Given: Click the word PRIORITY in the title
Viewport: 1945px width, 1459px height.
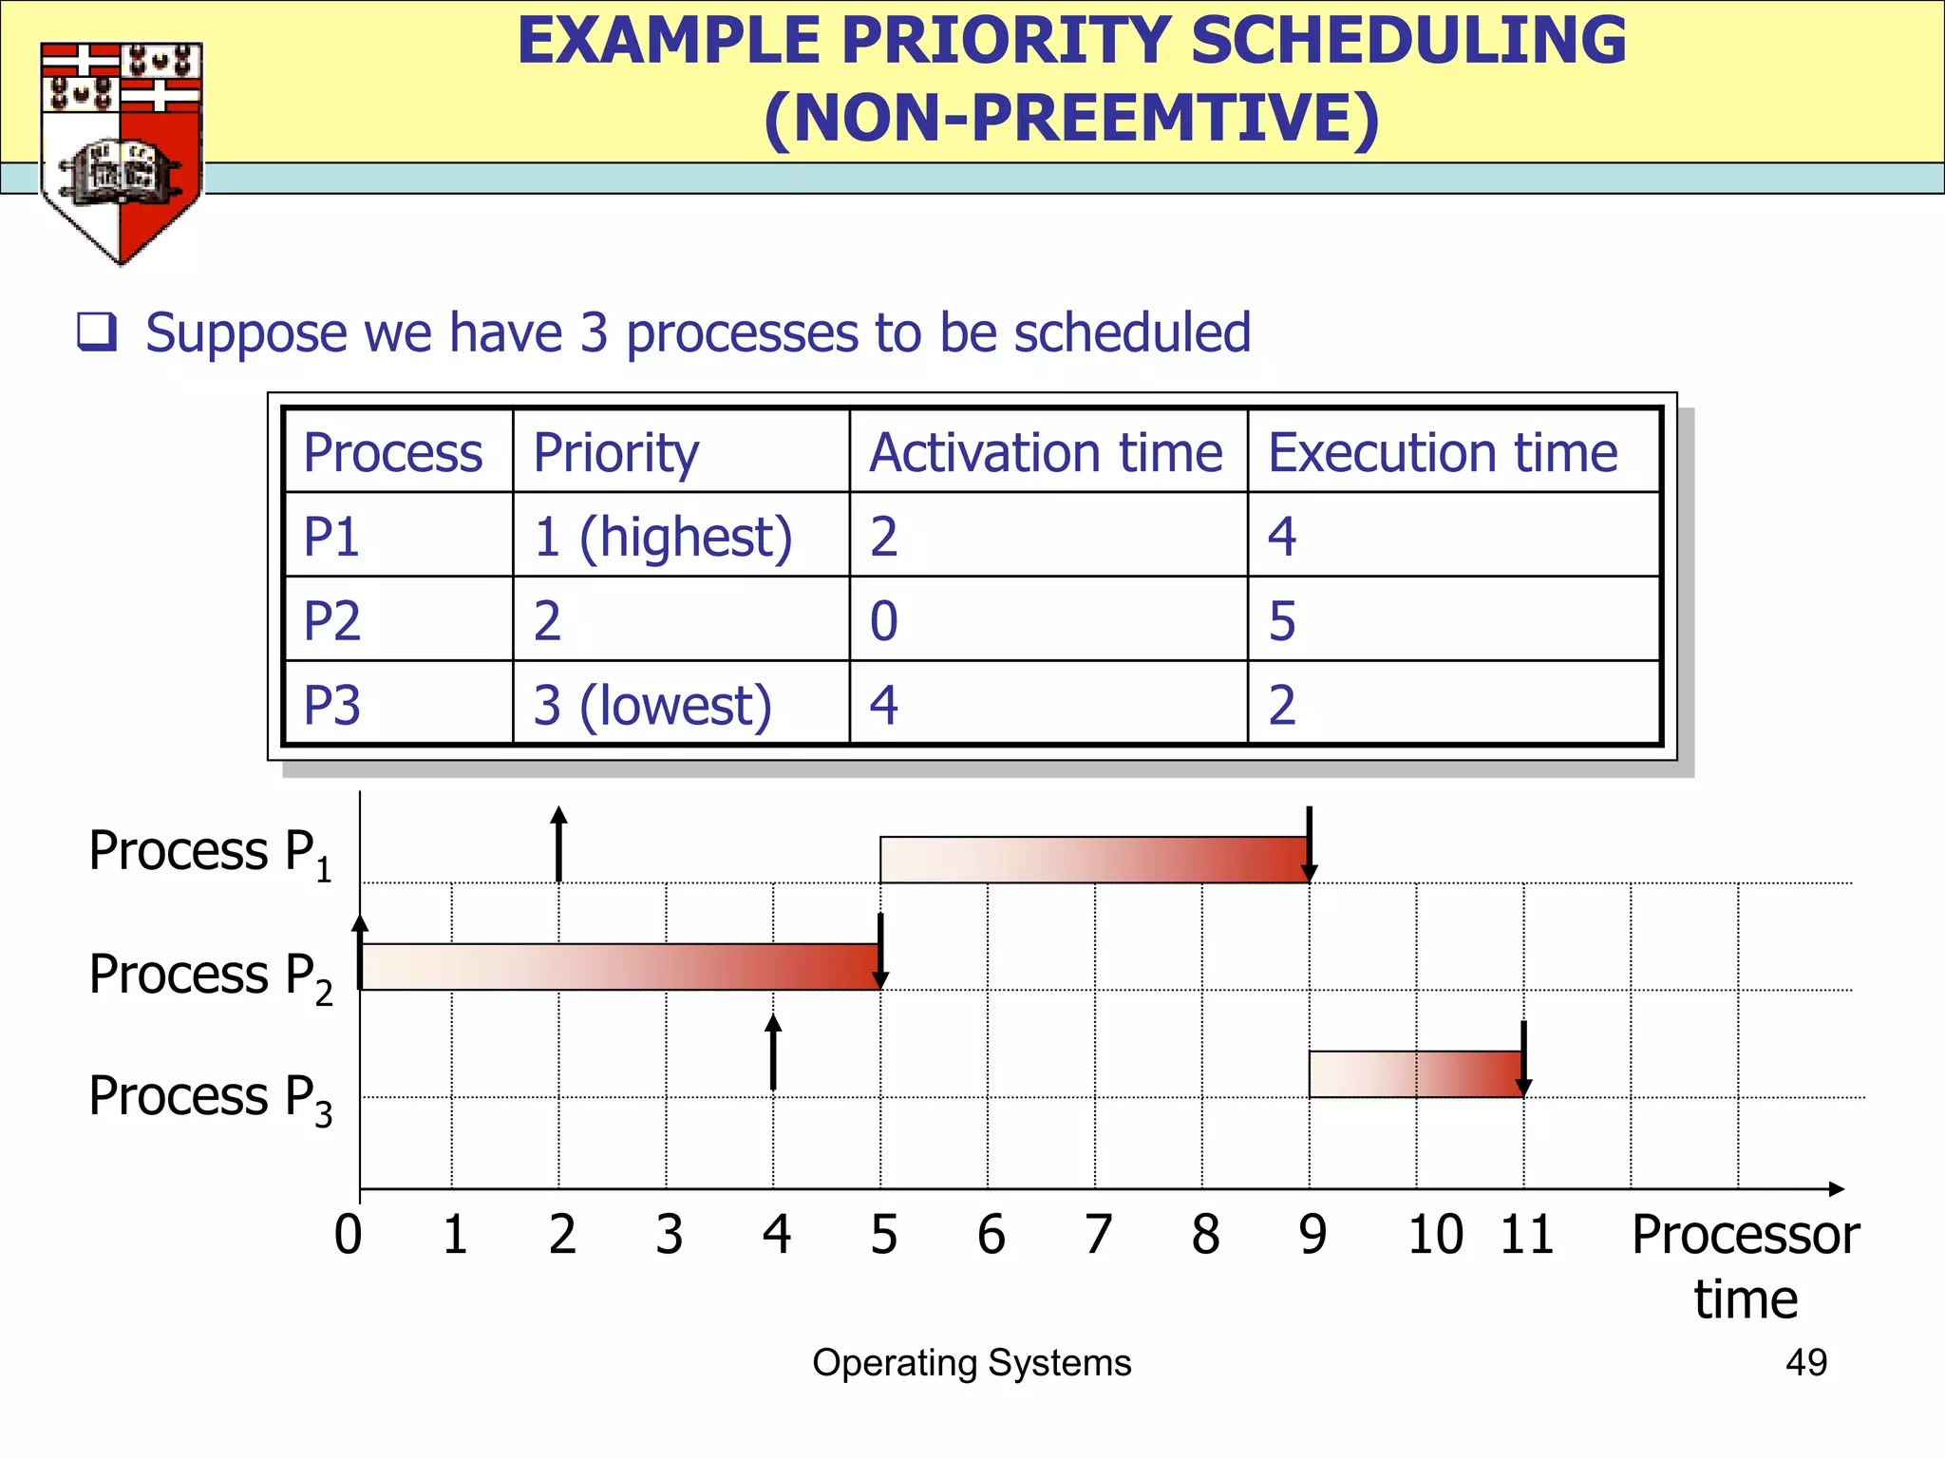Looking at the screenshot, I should (1006, 42).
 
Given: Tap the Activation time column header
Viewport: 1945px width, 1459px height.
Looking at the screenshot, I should (1046, 452).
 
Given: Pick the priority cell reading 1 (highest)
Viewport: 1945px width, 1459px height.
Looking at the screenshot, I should (662, 537).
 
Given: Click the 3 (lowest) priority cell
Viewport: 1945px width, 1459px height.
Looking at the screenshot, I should (652, 706).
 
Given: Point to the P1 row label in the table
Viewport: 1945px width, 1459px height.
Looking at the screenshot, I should (331, 537).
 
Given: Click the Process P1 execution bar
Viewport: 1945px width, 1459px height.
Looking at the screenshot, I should (1094, 860).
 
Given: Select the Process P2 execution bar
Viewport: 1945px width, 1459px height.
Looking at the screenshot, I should (619, 967).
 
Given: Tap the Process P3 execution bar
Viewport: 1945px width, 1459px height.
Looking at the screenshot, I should (1416, 1074).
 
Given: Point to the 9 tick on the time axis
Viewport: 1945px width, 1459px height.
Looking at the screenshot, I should (1312, 1235).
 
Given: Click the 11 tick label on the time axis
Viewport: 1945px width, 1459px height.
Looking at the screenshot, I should (1526, 1235).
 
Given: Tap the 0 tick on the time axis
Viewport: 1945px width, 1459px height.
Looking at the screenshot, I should (349, 1235).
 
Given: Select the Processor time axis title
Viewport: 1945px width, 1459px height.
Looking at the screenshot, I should (1746, 1266).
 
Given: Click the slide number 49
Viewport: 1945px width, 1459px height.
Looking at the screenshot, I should (1805, 1362).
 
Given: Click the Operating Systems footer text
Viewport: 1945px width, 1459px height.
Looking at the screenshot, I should (972, 1362).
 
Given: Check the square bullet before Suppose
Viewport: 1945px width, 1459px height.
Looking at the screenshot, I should (97, 332).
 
